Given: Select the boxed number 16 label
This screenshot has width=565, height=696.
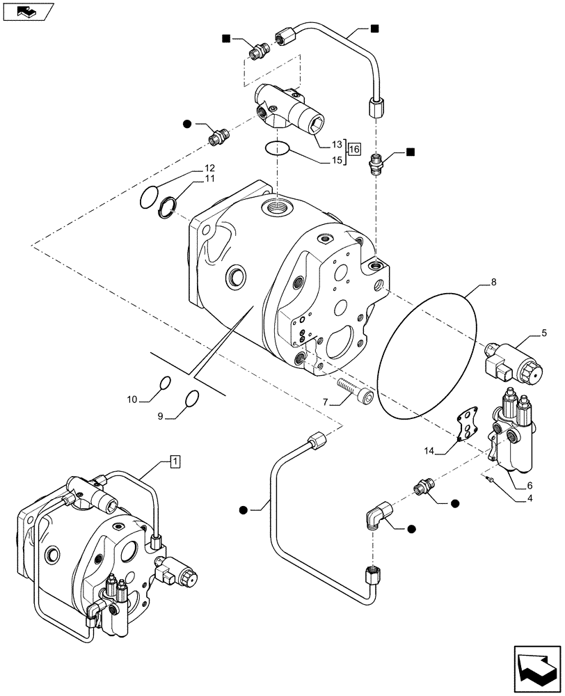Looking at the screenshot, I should click(x=354, y=149).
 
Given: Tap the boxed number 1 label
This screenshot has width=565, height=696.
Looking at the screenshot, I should click(x=175, y=461).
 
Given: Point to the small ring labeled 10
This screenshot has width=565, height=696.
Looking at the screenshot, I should click(x=165, y=382).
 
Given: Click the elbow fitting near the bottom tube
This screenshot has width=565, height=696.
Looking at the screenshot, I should click(x=376, y=519).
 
